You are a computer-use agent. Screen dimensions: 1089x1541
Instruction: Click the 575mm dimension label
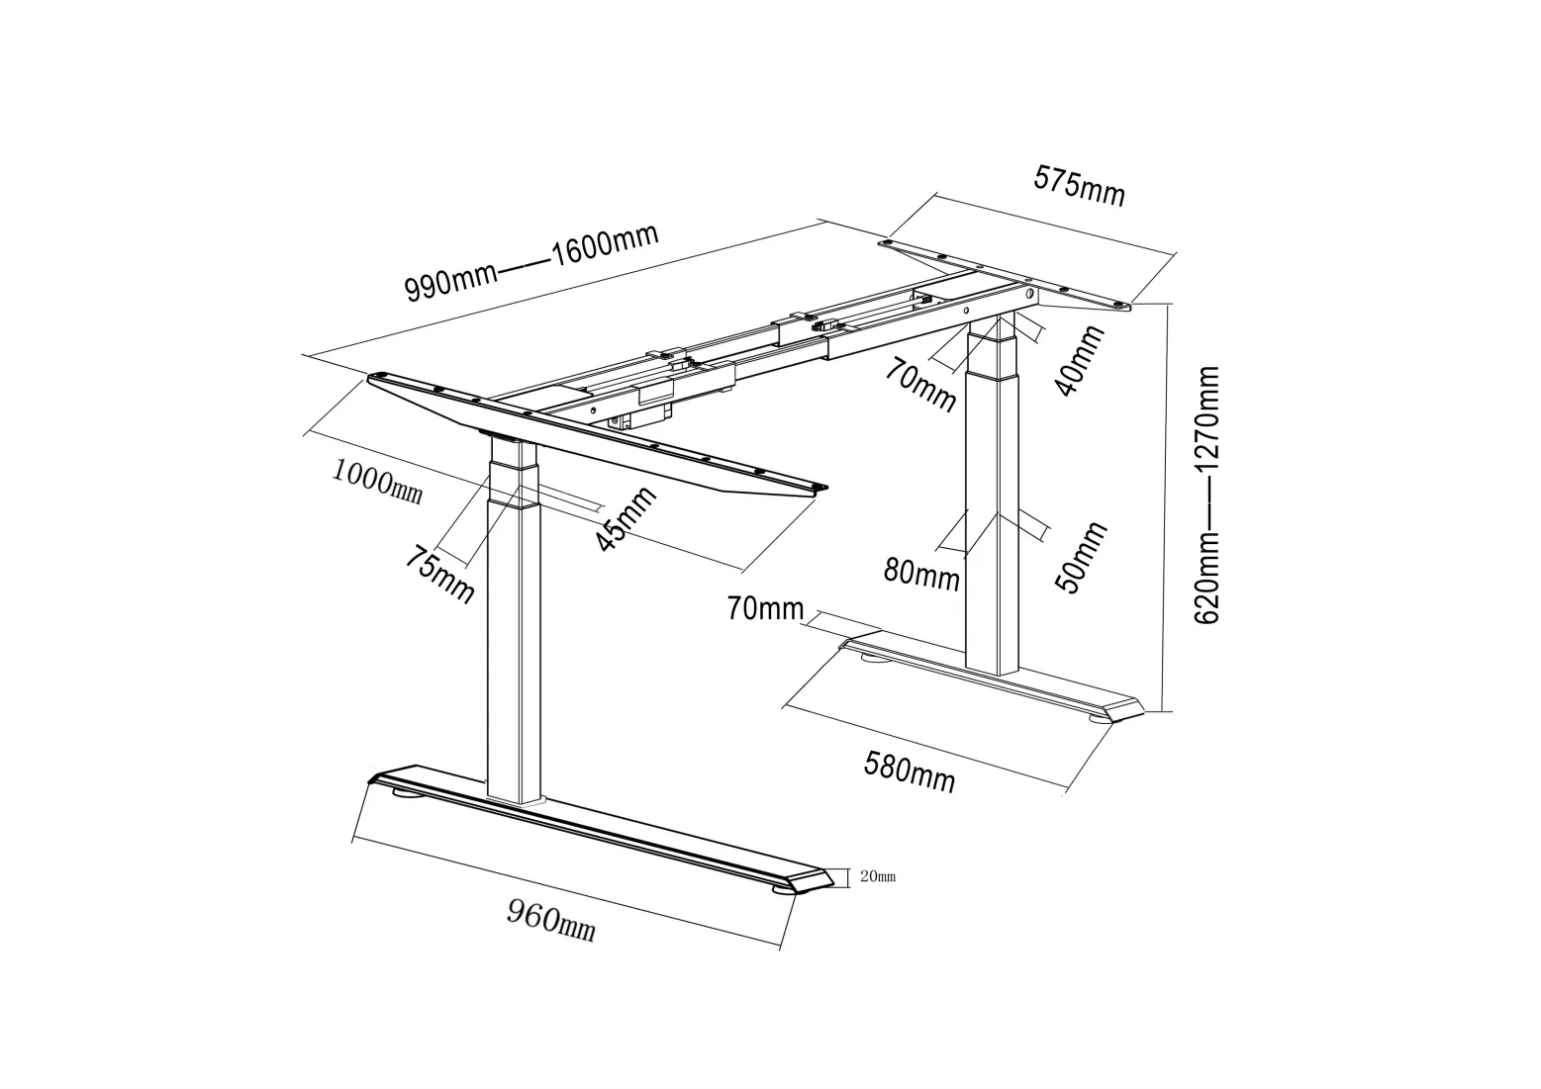pos(1080,185)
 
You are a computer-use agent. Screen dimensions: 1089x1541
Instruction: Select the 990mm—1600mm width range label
pos(531,262)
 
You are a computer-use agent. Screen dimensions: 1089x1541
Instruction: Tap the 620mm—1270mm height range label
pos(1207,495)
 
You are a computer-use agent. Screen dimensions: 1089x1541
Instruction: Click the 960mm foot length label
pos(551,921)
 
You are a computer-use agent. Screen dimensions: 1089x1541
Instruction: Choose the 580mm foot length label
pos(910,771)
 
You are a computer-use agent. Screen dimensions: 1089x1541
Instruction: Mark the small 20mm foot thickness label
pos(878,876)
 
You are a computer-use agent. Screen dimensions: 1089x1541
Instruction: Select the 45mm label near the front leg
pos(626,520)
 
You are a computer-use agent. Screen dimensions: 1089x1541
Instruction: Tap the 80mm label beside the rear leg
pos(921,573)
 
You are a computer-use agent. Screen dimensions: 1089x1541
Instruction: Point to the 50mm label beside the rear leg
pos(1082,557)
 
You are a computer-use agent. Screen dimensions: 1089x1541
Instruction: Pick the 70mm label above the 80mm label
pos(920,386)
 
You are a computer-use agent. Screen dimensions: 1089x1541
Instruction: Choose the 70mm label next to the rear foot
pos(765,608)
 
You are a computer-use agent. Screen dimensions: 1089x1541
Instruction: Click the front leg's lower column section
pos(516,653)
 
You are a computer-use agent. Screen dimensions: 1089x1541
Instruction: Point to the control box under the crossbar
pos(648,410)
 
